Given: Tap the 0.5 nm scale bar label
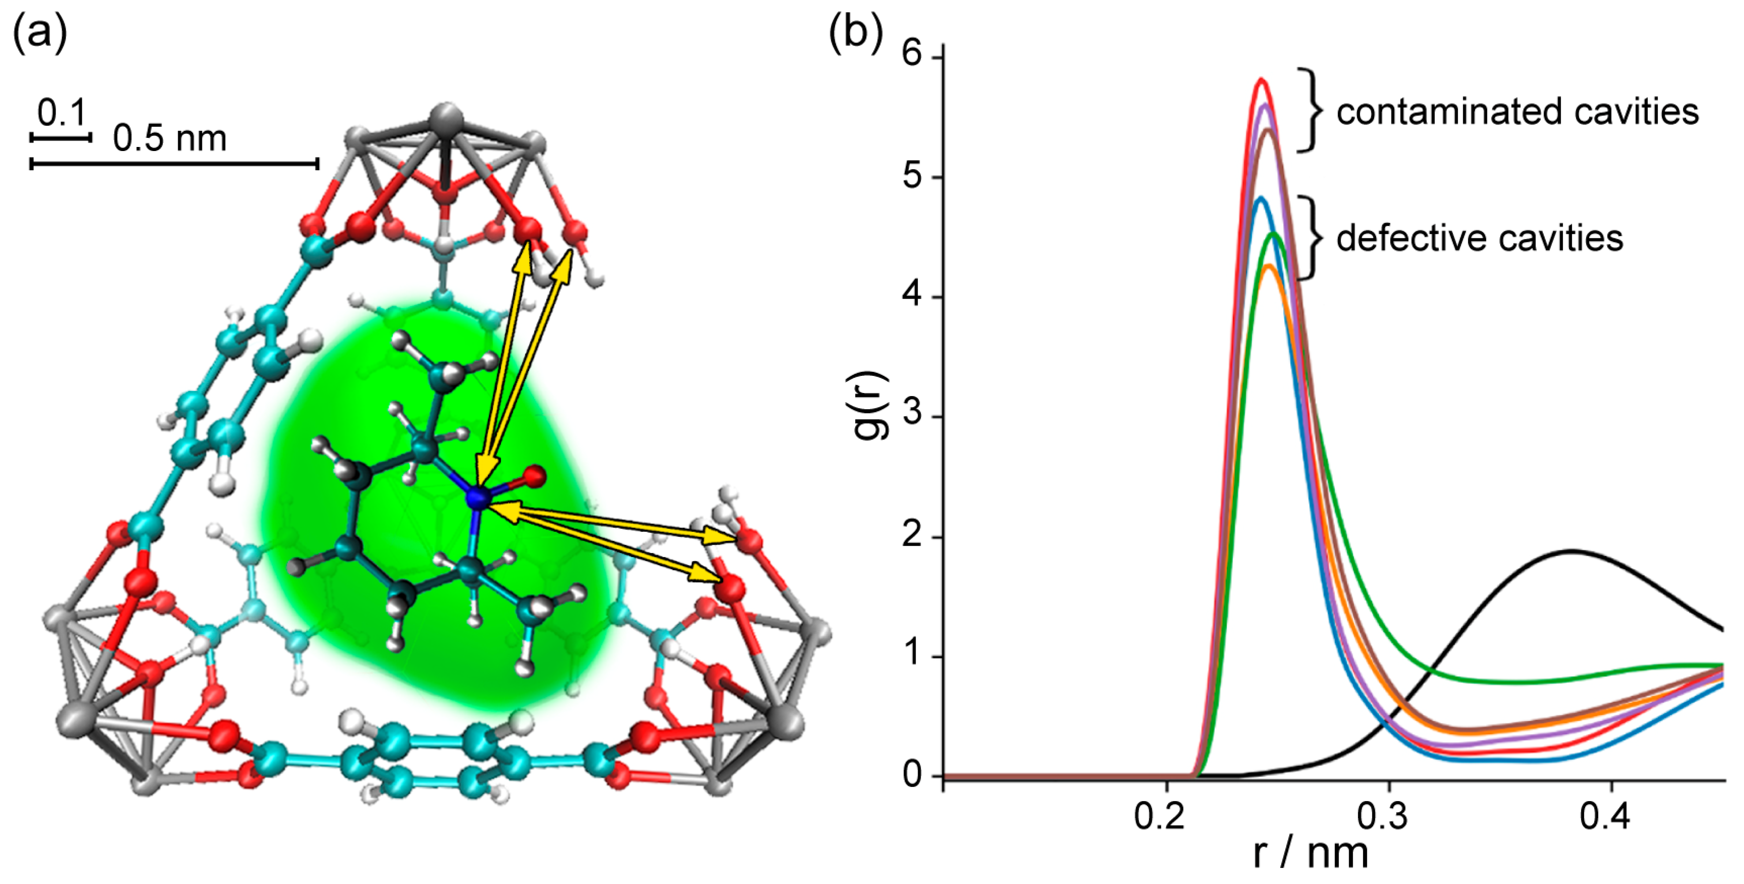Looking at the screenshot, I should tap(169, 139).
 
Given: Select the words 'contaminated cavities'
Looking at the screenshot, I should tap(1516, 112).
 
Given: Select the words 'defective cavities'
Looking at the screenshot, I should tap(1479, 238).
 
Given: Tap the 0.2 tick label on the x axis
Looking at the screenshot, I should tap(1159, 817).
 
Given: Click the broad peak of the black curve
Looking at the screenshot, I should tap(1571, 552).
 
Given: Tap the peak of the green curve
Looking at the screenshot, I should tap(1274, 234).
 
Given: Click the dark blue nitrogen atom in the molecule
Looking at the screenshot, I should tap(479, 499).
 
